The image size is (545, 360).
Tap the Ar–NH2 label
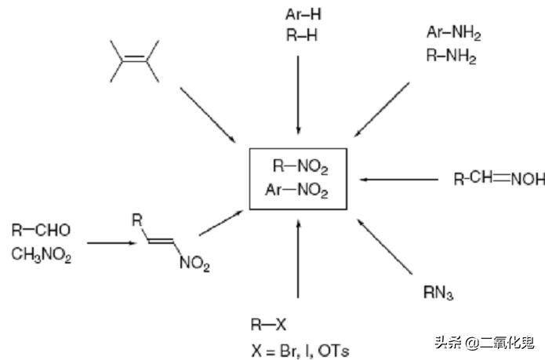coord(453,33)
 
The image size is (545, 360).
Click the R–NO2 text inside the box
coord(300,165)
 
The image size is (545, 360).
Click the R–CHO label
coord(42,230)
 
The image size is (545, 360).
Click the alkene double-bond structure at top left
coord(134,60)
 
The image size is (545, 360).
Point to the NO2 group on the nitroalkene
coord(194,264)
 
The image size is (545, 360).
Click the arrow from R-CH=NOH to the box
coord(400,180)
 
